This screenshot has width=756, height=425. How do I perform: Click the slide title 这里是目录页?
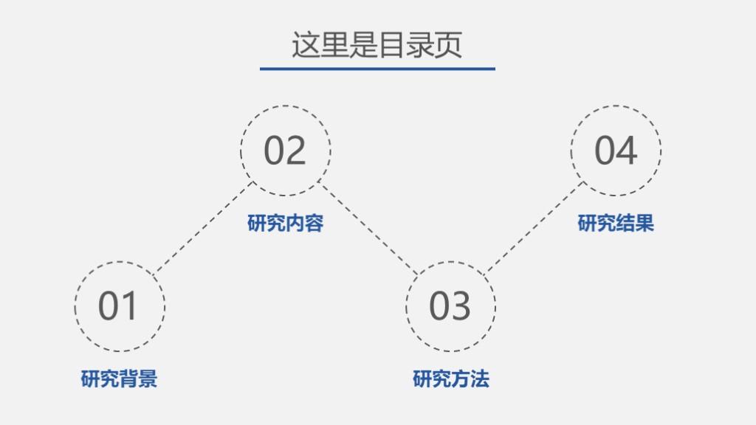pyautogui.click(x=377, y=44)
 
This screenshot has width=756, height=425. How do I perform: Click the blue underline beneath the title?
pyautogui.click(x=377, y=69)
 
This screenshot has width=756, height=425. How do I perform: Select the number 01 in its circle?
pyautogui.click(x=118, y=305)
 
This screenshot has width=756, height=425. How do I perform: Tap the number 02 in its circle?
pyautogui.click(x=285, y=151)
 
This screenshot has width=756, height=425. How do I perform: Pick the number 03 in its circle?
pyautogui.click(x=450, y=305)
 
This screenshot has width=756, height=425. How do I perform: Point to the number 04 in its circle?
pyautogui.click(x=615, y=151)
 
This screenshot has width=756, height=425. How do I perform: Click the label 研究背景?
pyautogui.click(x=119, y=379)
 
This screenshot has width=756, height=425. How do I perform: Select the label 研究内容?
pyautogui.click(x=285, y=223)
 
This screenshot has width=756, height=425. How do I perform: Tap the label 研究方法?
pyautogui.click(x=450, y=379)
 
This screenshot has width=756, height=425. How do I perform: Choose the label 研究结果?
pyautogui.click(x=616, y=223)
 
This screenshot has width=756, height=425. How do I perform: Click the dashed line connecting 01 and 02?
pyautogui.click(x=205, y=227)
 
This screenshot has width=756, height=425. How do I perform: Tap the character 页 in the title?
pyautogui.click(x=449, y=44)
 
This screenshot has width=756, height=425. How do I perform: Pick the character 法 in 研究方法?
pyautogui.click(x=479, y=379)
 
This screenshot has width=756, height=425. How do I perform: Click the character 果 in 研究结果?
pyautogui.click(x=645, y=223)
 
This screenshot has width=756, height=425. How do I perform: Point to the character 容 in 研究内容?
pyautogui.click(x=314, y=223)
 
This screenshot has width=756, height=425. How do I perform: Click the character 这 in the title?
pyautogui.click(x=305, y=44)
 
